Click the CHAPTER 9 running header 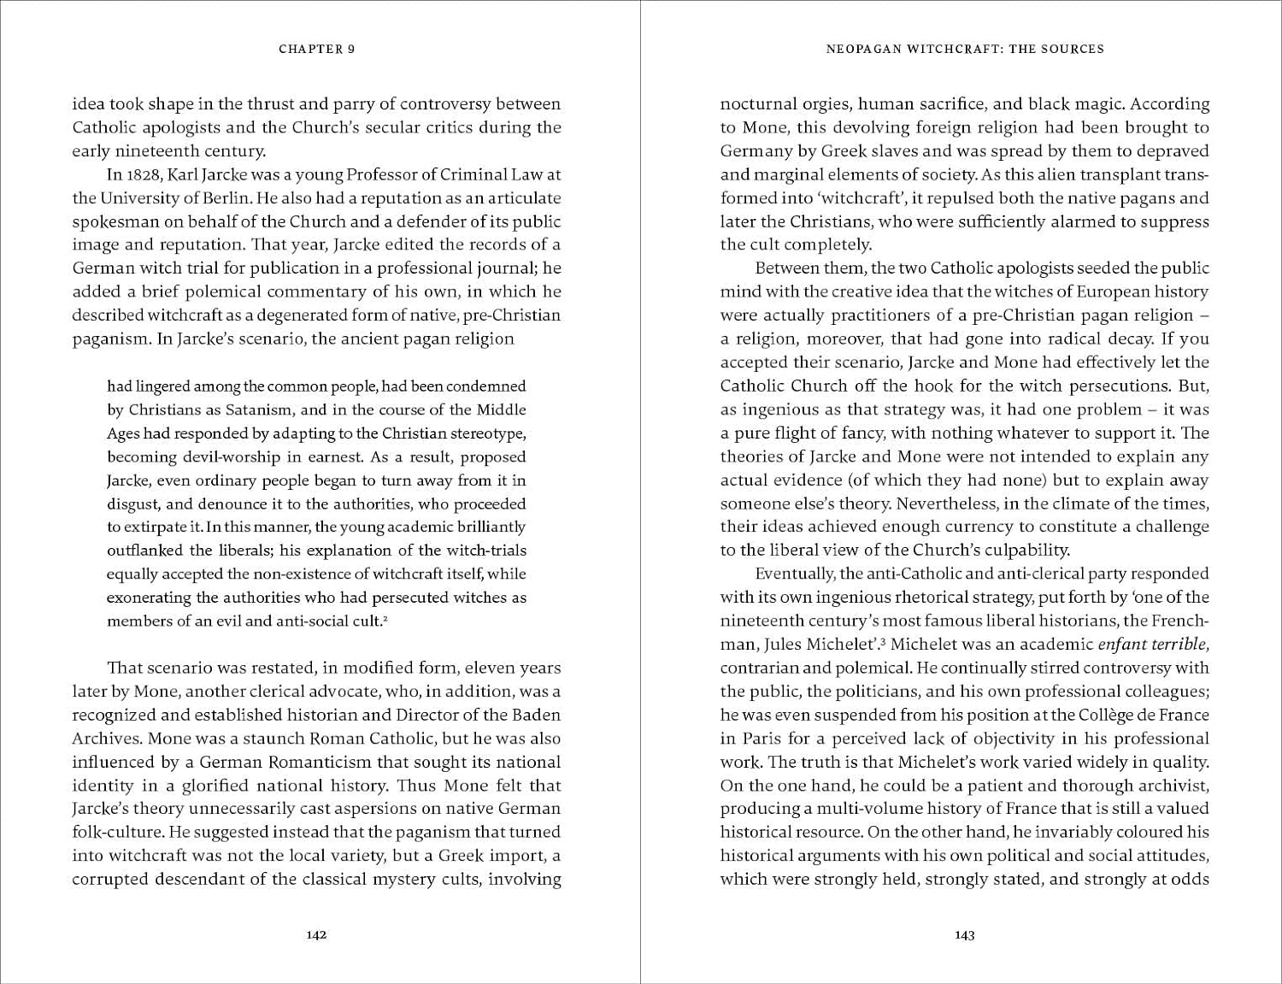point(316,49)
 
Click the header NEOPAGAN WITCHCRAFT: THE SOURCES point(965,49)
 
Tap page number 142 point(316,934)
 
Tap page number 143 point(964,934)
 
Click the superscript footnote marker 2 point(385,616)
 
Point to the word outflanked point(144,551)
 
